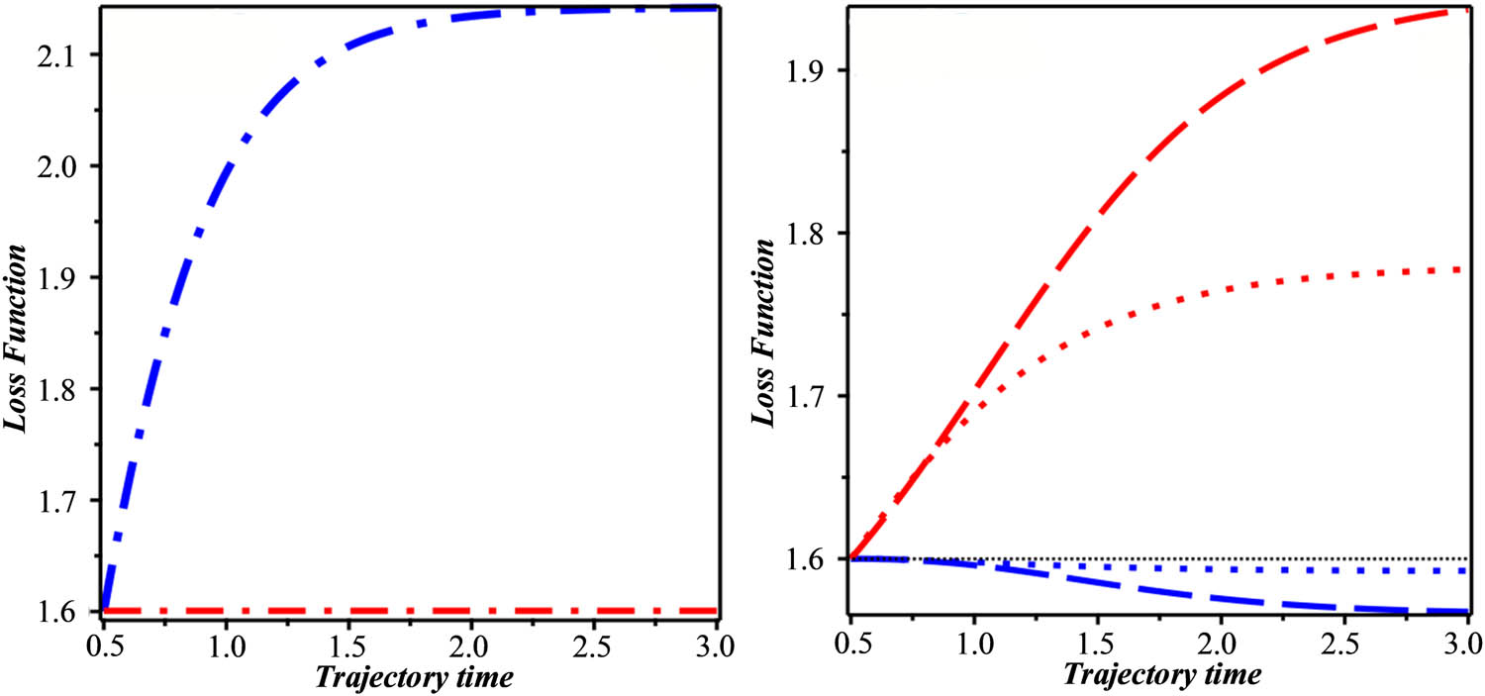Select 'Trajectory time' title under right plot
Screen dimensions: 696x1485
pyautogui.click(x=1163, y=675)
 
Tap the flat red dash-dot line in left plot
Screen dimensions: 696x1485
pyautogui.click(x=396, y=611)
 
